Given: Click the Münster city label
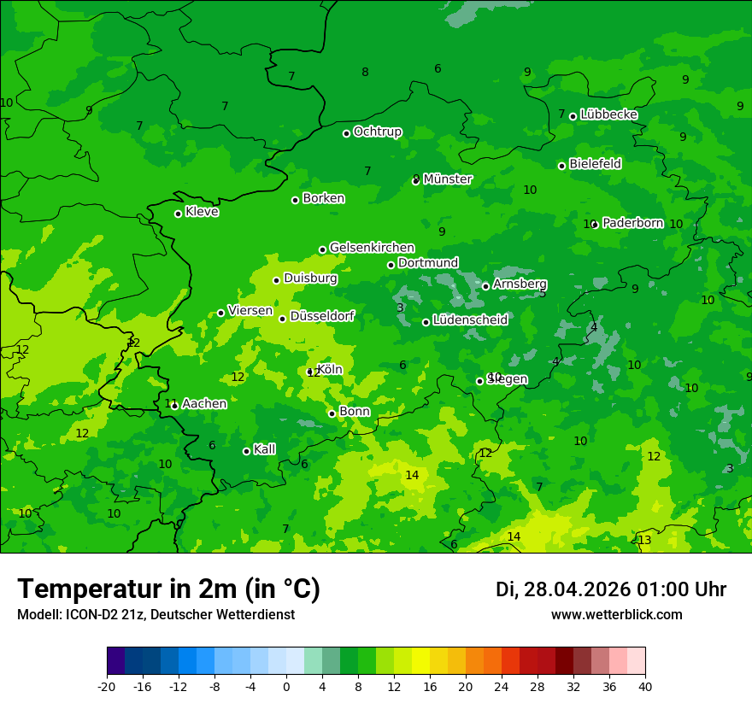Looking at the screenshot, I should click(448, 179).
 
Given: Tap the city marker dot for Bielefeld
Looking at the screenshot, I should click(561, 166).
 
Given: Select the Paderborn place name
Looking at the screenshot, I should click(632, 223).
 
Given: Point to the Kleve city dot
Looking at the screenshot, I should click(178, 214).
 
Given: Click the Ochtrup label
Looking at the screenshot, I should click(378, 132).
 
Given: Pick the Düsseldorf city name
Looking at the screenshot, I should click(322, 316).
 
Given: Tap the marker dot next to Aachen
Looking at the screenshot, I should click(174, 406).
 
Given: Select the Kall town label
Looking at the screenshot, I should click(265, 449).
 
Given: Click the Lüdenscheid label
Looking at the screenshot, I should click(470, 320).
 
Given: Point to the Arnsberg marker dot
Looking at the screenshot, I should click(485, 286).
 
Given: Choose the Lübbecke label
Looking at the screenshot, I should click(608, 114).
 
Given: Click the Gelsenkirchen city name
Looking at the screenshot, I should click(372, 248).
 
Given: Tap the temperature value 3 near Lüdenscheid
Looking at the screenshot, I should click(400, 308).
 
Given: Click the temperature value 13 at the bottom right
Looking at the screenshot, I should click(644, 540).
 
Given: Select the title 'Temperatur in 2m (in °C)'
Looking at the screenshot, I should click(168, 589).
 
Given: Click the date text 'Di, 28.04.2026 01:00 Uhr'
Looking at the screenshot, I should click(611, 589).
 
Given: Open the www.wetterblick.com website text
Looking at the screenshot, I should click(616, 614).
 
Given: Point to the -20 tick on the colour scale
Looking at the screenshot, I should click(107, 686).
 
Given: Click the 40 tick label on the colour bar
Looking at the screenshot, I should click(645, 686).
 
